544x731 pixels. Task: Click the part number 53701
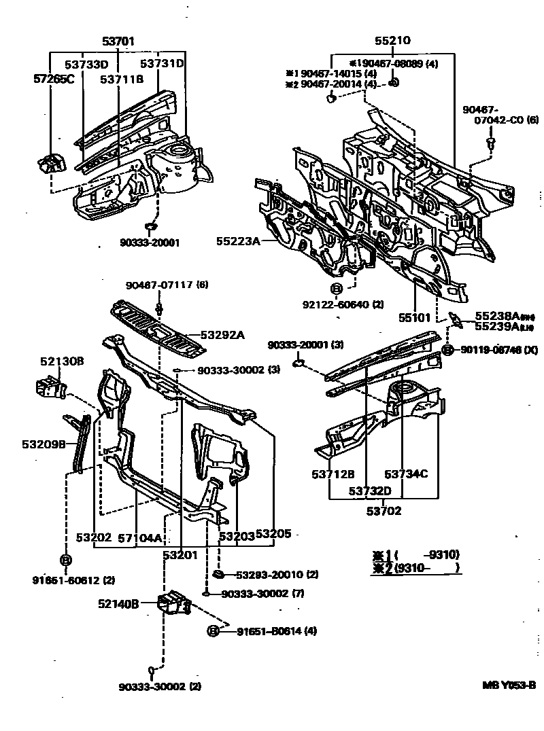(x=119, y=41)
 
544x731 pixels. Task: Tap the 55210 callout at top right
(x=392, y=41)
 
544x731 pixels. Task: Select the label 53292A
(x=222, y=335)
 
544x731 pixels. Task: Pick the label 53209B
(x=43, y=444)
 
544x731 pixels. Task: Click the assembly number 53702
(x=385, y=511)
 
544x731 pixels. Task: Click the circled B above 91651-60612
(x=66, y=560)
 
